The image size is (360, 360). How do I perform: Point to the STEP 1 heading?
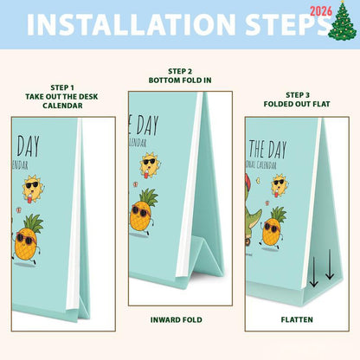[49, 88]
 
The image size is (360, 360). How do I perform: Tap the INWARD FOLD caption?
[179, 318]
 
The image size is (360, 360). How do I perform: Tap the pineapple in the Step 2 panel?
[144, 211]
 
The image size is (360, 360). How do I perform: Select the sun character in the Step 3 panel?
[278, 184]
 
